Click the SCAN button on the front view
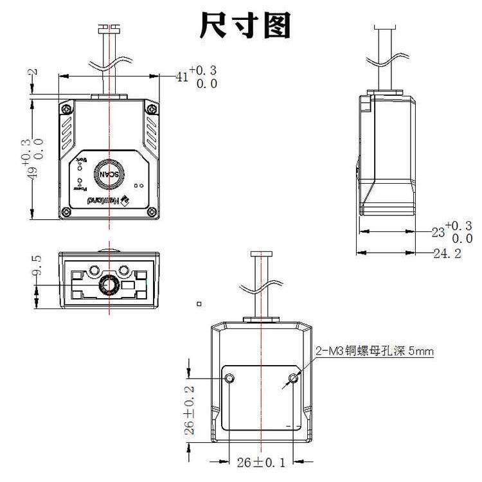point(109,174)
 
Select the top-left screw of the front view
point(66,110)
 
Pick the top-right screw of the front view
point(152,110)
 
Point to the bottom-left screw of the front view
point(66,211)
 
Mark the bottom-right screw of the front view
point(152,211)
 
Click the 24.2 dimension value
point(447,254)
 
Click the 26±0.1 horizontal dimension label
point(260,462)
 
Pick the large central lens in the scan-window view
point(109,283)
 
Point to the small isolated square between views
point(200,303)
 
